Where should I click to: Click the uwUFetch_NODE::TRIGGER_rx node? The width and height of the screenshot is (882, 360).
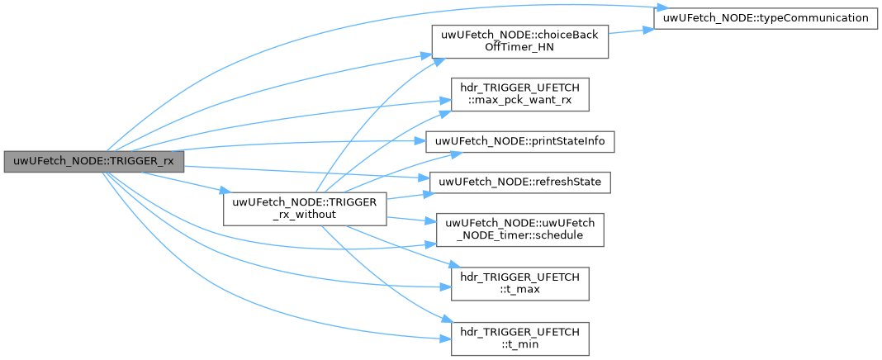coord(93,161)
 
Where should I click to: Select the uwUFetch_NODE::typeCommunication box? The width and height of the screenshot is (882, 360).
coord(766,17)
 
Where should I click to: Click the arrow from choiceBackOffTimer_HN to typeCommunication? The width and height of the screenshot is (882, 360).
coord(632,31)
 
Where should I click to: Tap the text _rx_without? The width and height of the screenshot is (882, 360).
coord(305,216)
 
